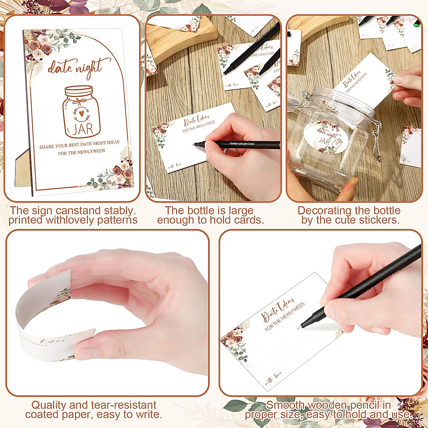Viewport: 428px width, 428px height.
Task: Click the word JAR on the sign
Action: [x=83, y=128]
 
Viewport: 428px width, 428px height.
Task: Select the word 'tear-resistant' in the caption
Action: [x=120, y=405]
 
